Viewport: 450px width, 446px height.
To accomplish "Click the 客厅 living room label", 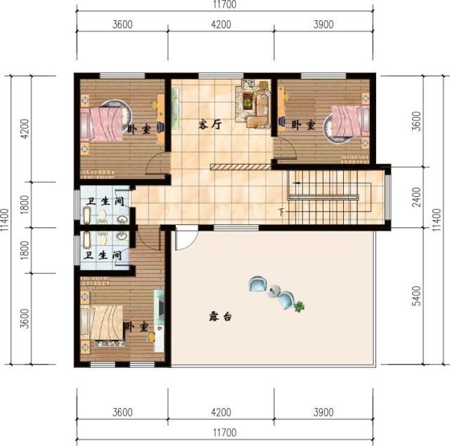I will pos(210,125).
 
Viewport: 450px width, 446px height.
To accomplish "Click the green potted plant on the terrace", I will pos(301,307).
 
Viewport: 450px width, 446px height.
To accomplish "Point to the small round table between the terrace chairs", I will pos(276,291).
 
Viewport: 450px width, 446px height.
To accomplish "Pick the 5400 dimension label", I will pos(416,296).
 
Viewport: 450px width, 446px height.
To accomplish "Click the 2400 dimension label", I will pos(416,198).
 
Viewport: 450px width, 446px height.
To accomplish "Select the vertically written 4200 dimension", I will pos(25,129).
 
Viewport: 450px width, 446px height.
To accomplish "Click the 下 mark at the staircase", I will pos(281,210).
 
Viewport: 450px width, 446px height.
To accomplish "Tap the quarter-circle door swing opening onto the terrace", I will pos(183,239).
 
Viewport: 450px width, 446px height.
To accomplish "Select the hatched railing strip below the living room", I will pos(239,167).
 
